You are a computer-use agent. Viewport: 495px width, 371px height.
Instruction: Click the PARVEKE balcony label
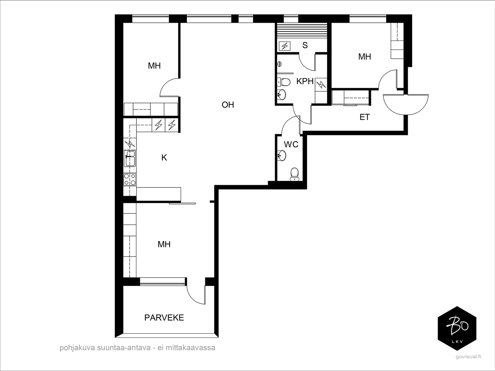tap(164, 318)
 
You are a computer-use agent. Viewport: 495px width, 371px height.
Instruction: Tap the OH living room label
tap(228, 105)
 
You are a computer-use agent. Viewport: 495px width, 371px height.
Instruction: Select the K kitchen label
tap(164, 158)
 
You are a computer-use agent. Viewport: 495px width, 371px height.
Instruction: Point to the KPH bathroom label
tap(305, 81)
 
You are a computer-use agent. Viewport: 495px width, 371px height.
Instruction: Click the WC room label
tap(291, 144)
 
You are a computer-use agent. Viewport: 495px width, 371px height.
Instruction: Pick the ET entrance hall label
tap(365, 117)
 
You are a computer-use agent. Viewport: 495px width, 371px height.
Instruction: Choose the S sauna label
tap(305, 45)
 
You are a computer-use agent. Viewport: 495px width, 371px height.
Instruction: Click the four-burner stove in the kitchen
tap(130, 179)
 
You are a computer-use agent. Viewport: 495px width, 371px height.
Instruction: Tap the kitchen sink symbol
tap(130, 158)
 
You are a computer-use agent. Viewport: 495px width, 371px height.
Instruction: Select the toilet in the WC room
tap(294, 174)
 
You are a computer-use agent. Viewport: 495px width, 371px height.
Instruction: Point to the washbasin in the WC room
tap(282, 155)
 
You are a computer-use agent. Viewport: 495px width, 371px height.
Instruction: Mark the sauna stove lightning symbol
tap(285, 46)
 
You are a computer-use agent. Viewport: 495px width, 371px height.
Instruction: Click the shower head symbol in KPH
tap(280, 64)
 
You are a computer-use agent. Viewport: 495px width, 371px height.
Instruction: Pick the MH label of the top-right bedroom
tap(365, 57)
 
